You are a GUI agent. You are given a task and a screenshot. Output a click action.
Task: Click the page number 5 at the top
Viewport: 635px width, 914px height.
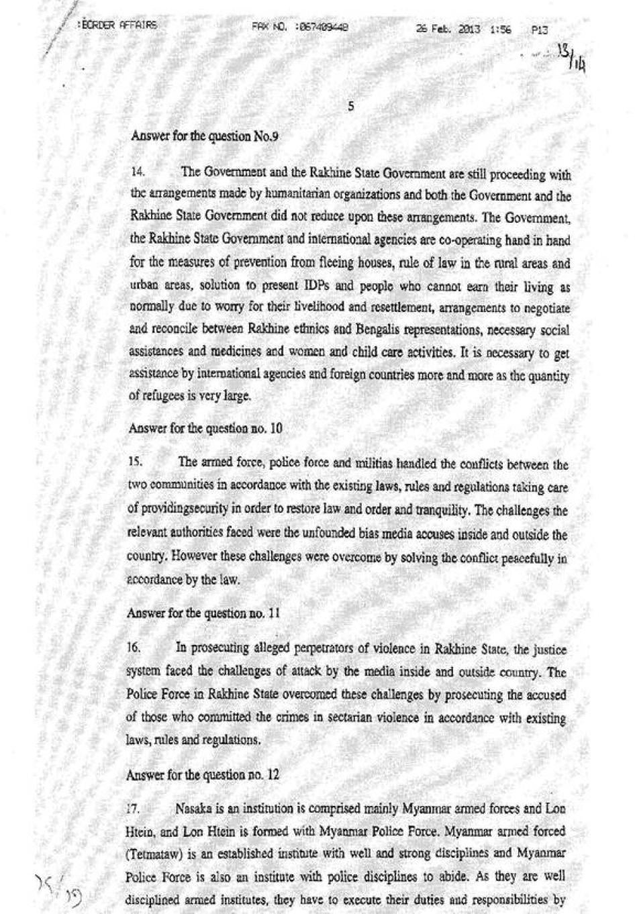[351, 106]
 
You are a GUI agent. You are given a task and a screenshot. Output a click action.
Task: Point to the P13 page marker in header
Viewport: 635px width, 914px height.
[540, 30]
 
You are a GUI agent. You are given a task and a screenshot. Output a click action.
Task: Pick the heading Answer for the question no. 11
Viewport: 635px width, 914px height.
[203, 613]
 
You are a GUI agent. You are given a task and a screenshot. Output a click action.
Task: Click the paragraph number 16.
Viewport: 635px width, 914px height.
[134, 649]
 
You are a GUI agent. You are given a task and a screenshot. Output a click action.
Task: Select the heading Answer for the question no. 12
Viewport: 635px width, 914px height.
[202, 774]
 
